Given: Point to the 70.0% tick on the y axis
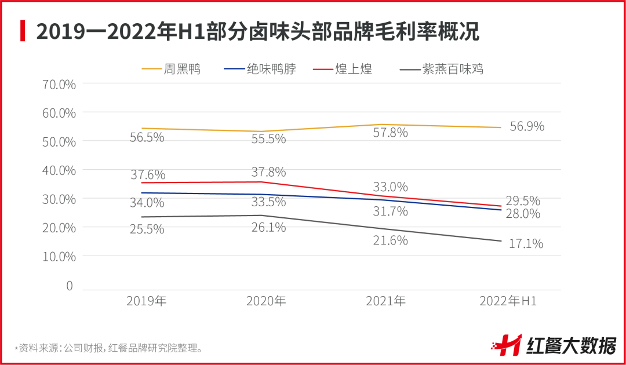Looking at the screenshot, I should coord(59,85).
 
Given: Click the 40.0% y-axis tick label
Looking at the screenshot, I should coord(59,170).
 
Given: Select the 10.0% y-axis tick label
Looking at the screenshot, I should coord(59,256).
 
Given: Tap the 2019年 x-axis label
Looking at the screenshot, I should coord(147,301).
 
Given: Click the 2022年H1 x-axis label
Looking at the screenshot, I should coord(508,301).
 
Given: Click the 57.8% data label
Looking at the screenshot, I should coord(390,133).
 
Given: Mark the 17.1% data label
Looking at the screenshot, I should coord(526,244).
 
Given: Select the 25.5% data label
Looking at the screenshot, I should coord(147,229).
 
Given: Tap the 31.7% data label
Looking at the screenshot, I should coord(390,211).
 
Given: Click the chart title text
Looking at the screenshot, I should coord(257,31).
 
